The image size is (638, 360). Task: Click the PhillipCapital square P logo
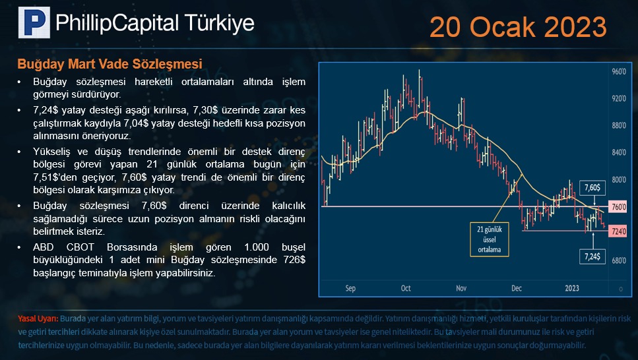(x=34, y=22)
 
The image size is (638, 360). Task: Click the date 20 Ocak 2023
(x=518, y=27)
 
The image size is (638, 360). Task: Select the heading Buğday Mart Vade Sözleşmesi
(x=110, y=64)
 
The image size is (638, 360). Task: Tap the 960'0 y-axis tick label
(x=619, y=72)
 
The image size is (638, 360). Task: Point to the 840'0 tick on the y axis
(x=619, y=152)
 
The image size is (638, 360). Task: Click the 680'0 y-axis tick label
(x=619, y=260)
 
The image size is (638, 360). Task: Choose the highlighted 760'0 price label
(x=618, y=206)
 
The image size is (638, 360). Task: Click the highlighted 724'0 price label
(x=618, y=231)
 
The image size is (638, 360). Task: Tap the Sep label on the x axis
(x=350, y=288)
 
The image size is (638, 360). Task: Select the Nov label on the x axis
(x=461, y=288)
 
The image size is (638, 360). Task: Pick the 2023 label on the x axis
(x=571, y=288)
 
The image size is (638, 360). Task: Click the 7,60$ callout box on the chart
(x=592, y=187)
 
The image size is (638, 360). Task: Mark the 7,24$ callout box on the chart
(x=592, y=256)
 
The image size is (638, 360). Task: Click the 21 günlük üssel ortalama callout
(x=490, y=239)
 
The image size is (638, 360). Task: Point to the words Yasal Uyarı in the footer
(x=38, y=318)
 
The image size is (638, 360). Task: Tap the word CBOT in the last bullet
(x=80, y=247)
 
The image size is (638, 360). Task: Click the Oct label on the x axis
(x=406, y=288)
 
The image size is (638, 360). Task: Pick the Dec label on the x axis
(x=517, y=288)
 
